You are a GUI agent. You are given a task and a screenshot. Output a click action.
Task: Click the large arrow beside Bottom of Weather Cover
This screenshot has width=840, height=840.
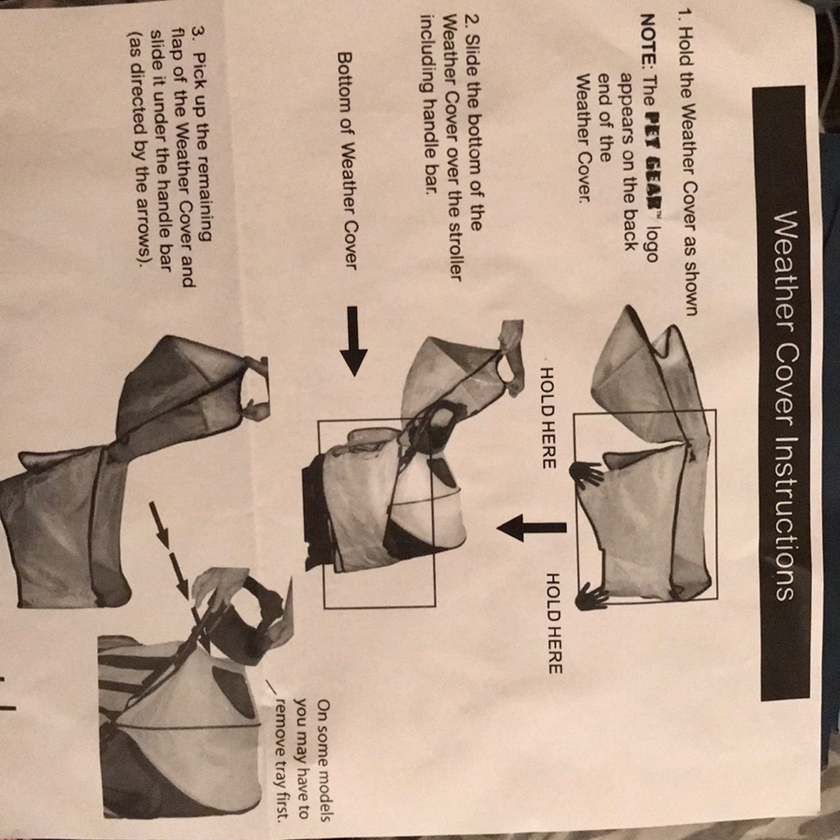tap(353, 341)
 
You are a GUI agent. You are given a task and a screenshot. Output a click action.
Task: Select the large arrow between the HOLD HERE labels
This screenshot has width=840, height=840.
tap(532, 528)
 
